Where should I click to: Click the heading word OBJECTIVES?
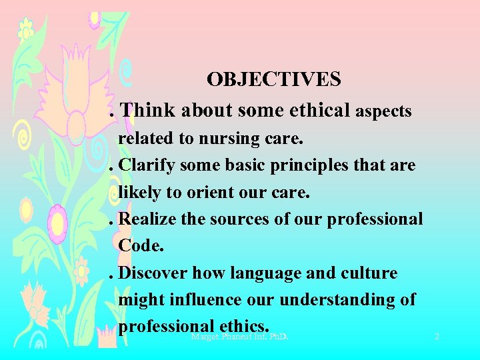(273, 79)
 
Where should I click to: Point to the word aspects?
(383, 111)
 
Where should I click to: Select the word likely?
(137, 193)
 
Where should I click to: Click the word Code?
(141, 245)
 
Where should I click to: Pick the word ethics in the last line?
(243, 326)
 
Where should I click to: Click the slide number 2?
(437, 337)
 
